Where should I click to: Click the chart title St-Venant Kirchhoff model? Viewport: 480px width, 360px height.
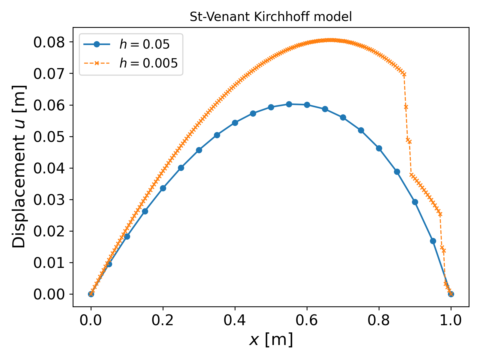click(271, 17)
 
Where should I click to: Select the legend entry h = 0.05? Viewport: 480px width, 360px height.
click(144, 44)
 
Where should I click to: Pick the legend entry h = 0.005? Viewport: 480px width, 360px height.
click(148, 63)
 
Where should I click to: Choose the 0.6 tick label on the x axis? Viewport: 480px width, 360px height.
click(307, 320)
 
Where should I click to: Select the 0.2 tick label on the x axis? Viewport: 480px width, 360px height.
click(163, 320)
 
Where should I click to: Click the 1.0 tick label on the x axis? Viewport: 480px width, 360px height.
click(451, 320)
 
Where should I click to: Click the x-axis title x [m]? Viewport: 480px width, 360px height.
click(271, 340)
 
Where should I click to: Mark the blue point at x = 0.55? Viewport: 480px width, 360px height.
click(289, 104)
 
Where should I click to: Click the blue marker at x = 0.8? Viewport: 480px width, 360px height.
click(379, 148)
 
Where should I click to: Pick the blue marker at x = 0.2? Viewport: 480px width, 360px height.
click(163, 188)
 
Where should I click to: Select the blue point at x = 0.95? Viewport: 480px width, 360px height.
click(433, 241)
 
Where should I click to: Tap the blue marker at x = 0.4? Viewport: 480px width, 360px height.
click(235, 123)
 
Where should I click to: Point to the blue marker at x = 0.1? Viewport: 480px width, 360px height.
click(127, 236)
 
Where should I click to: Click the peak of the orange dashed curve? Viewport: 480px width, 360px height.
click(330, 40)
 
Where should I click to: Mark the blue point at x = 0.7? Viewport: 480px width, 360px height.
click(343, 117)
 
